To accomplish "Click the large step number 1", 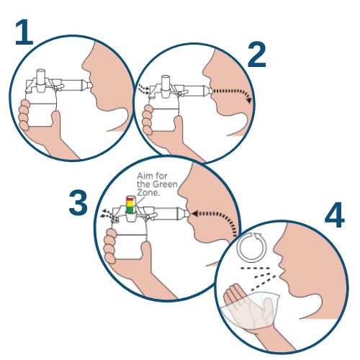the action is pyautogui.click(x=24, y=32).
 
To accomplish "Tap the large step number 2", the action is pyautogui.click(x=257, y=55).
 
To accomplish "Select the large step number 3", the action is pyautogui.click(x=78, y=203).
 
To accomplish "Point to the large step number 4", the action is pyautogui.click(x=335, y=215).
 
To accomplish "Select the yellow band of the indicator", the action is pyautogui.click(x=130, y=204).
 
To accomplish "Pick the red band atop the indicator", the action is pyautogui.click(x=130, y=199).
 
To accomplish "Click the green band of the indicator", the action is pyautogui.click(x=130, y=210).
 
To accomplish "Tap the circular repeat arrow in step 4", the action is pyautogui.click(x=251, y=247).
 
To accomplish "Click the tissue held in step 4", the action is pyautogui.click(x=251, y=310).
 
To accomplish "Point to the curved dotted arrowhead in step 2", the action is pyautogui.click(x=249, y=99).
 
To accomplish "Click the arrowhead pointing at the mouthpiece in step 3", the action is pyautogui.click(x=194, y=213).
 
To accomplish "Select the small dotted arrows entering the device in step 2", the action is pyautogui.click(x=143, y=89).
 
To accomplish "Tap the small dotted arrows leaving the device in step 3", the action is pyautogui.click(x=107, y=214).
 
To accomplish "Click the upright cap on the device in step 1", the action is pyautogui.click(x=41, y=77).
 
